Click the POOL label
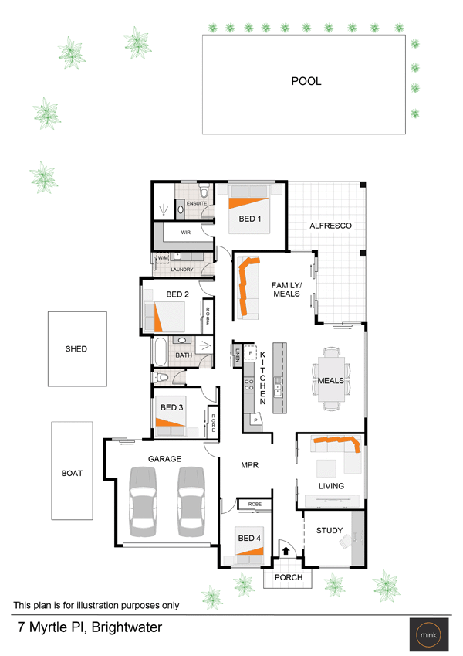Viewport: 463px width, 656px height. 306,81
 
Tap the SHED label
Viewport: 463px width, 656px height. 76,349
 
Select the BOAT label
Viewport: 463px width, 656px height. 72,473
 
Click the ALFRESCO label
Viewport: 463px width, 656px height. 330,226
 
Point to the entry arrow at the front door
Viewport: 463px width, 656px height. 286,551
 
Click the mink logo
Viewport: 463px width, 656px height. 429,634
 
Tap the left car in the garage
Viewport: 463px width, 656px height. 143,501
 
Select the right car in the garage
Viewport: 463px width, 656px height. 191,501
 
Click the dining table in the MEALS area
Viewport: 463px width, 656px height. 331,379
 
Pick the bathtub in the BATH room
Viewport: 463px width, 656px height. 161,352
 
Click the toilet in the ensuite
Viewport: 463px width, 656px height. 204,190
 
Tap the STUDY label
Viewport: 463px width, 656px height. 330,531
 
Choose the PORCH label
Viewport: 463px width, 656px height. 289,577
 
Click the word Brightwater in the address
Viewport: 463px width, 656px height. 127,627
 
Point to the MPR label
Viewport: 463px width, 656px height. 249,465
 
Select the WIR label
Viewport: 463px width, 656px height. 185,233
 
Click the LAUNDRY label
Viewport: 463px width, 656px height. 182,270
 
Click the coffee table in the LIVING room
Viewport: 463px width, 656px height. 326,468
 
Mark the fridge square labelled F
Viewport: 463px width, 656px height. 250,353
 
